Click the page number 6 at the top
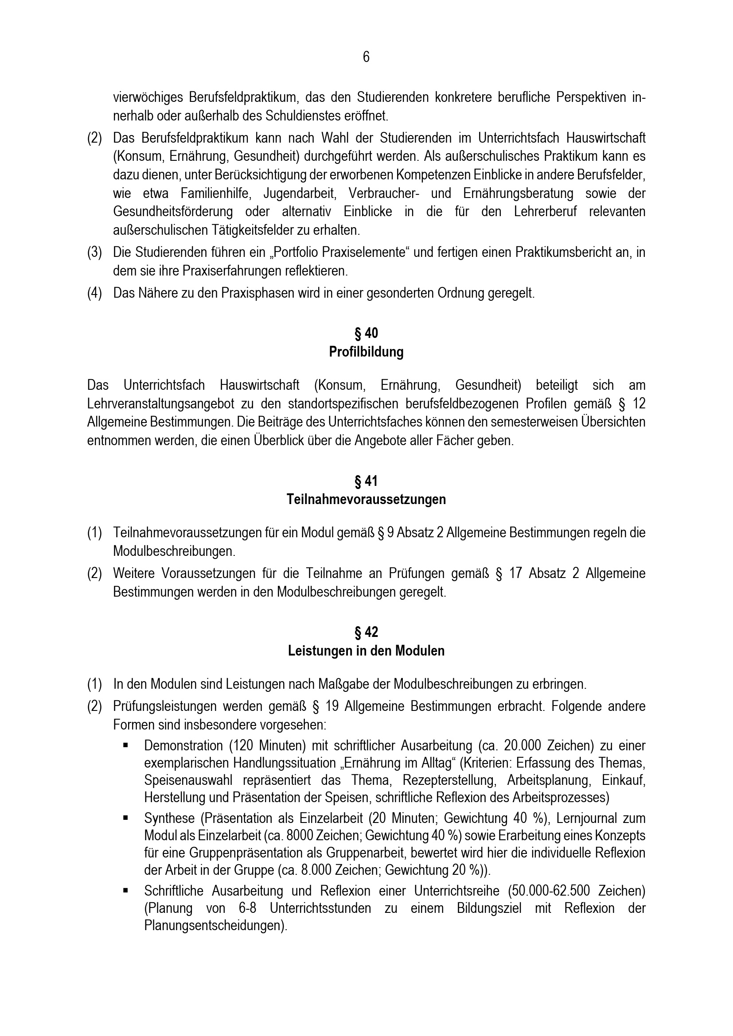tap(366, 57)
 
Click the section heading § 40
tap(366, 334)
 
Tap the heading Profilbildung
tap(366, 352)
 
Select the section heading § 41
tap(366, 481)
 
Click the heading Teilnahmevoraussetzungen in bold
tap(366, 500)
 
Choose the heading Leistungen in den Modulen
tap(366, 651)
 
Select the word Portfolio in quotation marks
tap(297, 252)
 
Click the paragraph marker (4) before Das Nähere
tap(94, 293)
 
